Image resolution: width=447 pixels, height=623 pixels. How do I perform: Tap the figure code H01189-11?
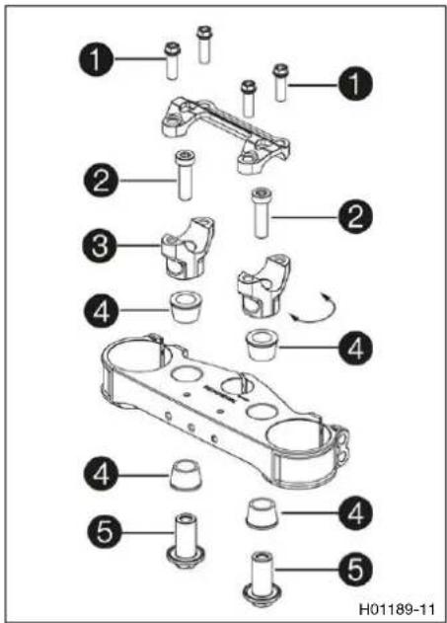(397, 609)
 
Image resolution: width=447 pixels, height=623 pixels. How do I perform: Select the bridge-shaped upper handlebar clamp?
(225, 134)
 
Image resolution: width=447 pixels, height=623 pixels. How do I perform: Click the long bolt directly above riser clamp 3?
(185, 175)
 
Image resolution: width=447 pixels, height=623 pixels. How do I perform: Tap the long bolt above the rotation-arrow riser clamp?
(261, 213)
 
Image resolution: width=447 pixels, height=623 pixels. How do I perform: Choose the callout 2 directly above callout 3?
(101, 180)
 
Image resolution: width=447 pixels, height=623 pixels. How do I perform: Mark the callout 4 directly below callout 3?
(101, 310)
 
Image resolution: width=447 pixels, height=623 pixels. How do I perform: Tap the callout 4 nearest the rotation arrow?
(355, 349)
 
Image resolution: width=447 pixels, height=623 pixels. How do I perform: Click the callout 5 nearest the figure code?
(355, 570)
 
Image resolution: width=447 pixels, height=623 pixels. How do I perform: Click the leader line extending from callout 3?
(139, 246)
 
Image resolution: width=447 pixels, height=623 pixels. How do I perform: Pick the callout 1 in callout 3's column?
(96, 59)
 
